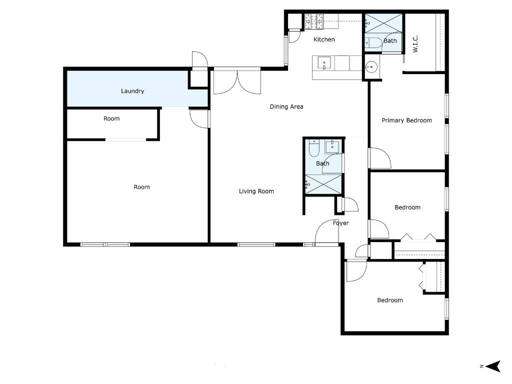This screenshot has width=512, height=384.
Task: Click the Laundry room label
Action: pos(132,91)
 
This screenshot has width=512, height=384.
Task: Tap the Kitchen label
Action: pos(324,39)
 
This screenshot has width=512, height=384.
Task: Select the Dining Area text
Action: pos(286,106)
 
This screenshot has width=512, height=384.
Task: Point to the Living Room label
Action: pos(256,191)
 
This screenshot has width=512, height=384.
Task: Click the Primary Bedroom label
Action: pos(406,120)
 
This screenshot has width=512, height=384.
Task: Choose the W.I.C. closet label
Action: pos(415,43)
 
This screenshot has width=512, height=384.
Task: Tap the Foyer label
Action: pos(341,223)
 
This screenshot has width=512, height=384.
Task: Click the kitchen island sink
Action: pos(324,63)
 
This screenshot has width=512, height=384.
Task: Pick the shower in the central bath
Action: pos(324,184)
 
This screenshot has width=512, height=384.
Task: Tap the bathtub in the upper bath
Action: pos(374,43)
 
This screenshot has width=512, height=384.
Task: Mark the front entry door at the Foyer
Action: pos(327,232)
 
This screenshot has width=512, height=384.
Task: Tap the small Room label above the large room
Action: pos(111,119)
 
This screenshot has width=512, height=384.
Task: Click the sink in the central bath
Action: pos(333,147)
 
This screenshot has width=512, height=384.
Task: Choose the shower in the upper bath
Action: pos(384,23)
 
